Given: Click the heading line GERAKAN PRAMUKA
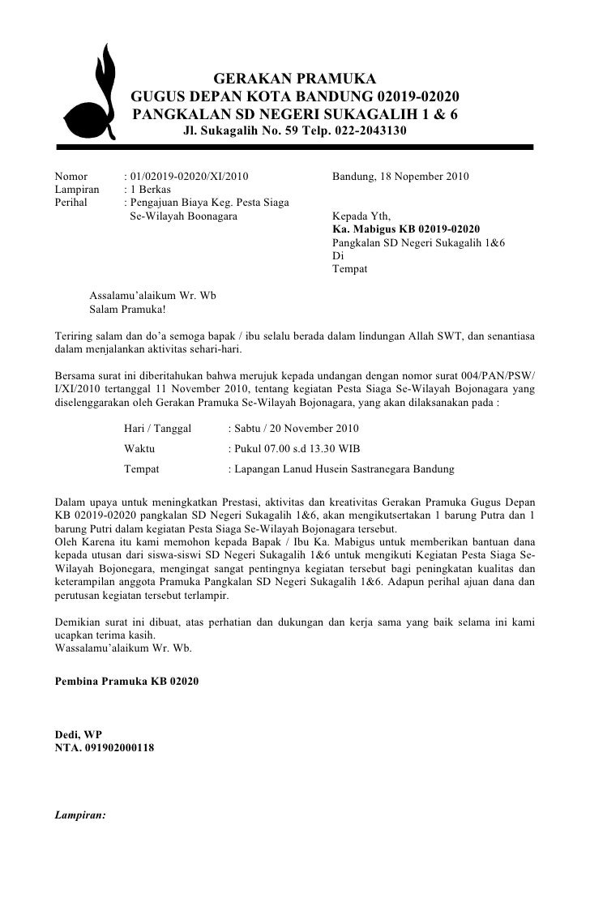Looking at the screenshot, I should click(x=294, y=79).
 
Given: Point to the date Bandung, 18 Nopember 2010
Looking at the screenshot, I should click(x=400, y=176).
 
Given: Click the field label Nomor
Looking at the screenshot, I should click(x=70, y=176).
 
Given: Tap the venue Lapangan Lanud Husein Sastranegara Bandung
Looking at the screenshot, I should click(x=342, y=469).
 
